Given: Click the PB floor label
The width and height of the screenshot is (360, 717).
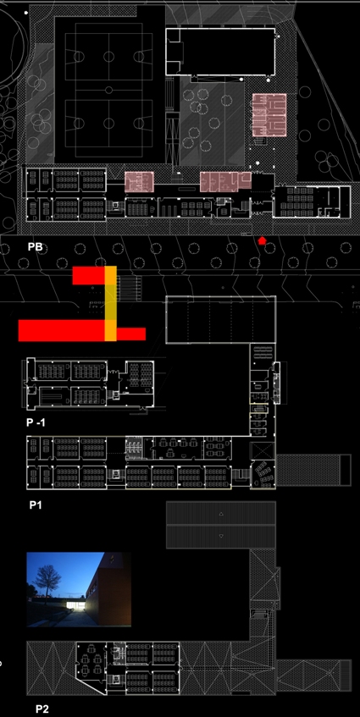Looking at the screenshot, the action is click(36, 247).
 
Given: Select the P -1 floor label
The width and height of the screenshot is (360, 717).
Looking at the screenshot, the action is click(36, 423).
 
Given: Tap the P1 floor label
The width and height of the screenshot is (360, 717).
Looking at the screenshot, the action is click(36, 505).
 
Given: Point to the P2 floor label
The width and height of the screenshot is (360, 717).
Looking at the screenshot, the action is click(42, 709).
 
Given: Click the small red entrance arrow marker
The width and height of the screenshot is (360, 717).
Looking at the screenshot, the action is click(262, 240).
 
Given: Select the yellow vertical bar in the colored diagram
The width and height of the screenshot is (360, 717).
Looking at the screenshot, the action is click(111, 303).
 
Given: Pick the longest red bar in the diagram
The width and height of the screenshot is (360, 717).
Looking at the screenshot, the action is click(62, 331).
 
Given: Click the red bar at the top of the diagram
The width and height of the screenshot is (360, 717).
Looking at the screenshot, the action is click(89, 275).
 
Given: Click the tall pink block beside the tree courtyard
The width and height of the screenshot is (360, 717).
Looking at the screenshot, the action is click(269, 115).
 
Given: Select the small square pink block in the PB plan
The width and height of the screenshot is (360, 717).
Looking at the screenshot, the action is click(140, 181).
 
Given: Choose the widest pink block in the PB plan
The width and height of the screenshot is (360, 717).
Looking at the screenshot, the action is click(225, 181).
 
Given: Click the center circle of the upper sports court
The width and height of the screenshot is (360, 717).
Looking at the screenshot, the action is click(109, 57).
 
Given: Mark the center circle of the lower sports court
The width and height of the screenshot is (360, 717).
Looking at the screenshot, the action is click(109, 123).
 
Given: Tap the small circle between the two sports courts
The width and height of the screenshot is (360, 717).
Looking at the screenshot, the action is click(109, 90).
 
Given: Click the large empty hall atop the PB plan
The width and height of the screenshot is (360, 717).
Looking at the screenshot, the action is click(220, 52).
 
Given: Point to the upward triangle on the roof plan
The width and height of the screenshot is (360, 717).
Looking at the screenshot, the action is click(221, 514).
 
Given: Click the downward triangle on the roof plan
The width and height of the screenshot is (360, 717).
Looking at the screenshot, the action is click(221, 536).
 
